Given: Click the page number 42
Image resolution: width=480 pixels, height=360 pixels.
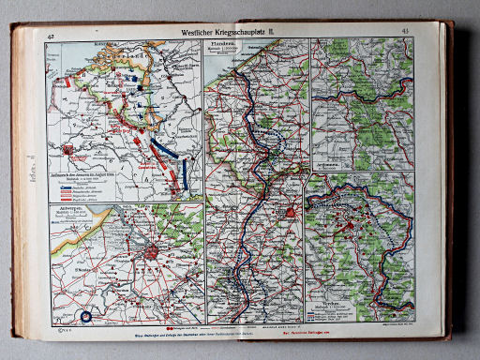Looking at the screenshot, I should (48, 35).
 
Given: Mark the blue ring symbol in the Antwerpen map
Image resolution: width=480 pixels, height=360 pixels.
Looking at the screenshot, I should (86, 316).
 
